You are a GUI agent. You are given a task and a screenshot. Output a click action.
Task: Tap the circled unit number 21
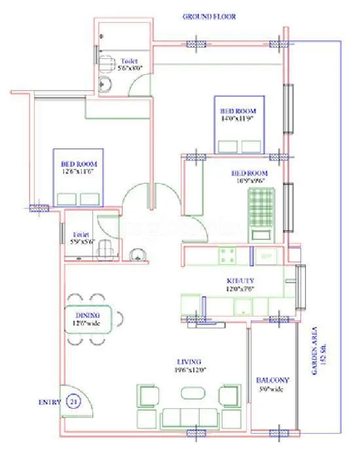tap(73, 402)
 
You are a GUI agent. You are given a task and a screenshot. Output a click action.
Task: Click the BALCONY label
tap(273, 379)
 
